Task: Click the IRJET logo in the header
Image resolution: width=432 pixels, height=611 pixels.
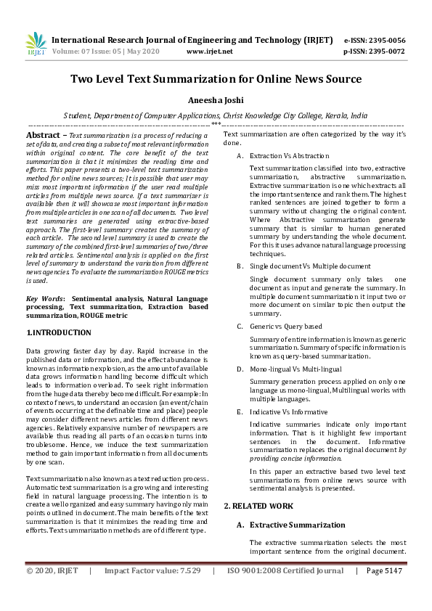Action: pyautogui.click(x=36, y=44)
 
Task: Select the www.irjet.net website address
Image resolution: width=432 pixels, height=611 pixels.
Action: pyautogui.click(x=210, y=52)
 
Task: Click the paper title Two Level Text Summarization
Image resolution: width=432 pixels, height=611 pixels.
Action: pyautogui.click(x=216, y=79)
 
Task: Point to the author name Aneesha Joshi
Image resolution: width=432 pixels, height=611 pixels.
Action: pyautogui.click(x=216, y=100)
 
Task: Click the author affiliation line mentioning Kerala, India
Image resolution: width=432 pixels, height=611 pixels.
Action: pyautogui.click(x=216, y=115)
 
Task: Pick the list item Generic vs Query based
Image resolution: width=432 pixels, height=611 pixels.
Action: pyautogui.click(x=285, y=327)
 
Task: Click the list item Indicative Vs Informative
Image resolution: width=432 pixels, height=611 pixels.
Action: pyautogui.click(x=288, y=411)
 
